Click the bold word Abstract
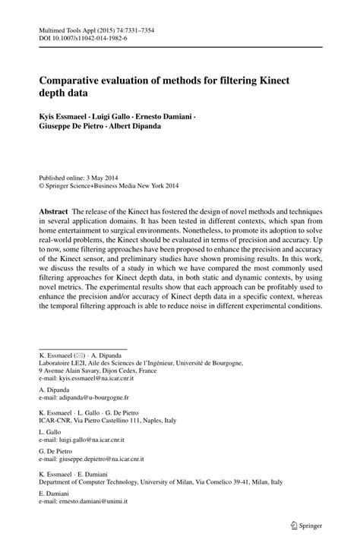click(x=55, y=208)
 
